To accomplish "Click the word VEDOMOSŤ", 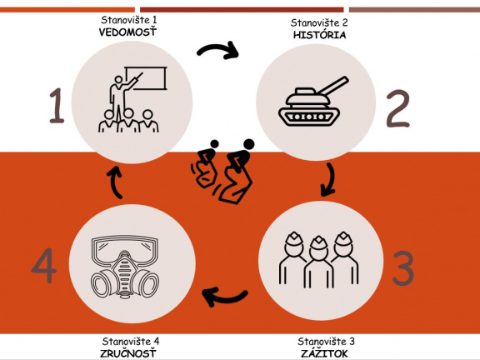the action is pyautogui.click(x=127, y=32).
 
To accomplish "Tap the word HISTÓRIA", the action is pyautogui.click(x=319, y=35).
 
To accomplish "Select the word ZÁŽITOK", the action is pyautogui.click(x=324, y=353).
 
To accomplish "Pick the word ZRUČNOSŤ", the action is pyautogui.click(x=128, y=353).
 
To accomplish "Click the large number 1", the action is pyautogui.click(x=57, y=106).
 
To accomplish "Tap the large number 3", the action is pyautogui.click(x=402, y=268).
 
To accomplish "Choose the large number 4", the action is pyautogui.click(x=44, y=265).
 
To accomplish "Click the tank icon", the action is pyautogui.click(x=313, y=101).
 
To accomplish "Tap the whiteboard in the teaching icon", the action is pyautogui.click(x=147, y=78).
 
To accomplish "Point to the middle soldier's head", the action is pyautogui.click(x=318, y=247).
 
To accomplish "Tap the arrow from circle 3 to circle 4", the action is pyautogui.click(x=226, y=297).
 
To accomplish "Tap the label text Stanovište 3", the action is pyautogui.click(x=326, y=342).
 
